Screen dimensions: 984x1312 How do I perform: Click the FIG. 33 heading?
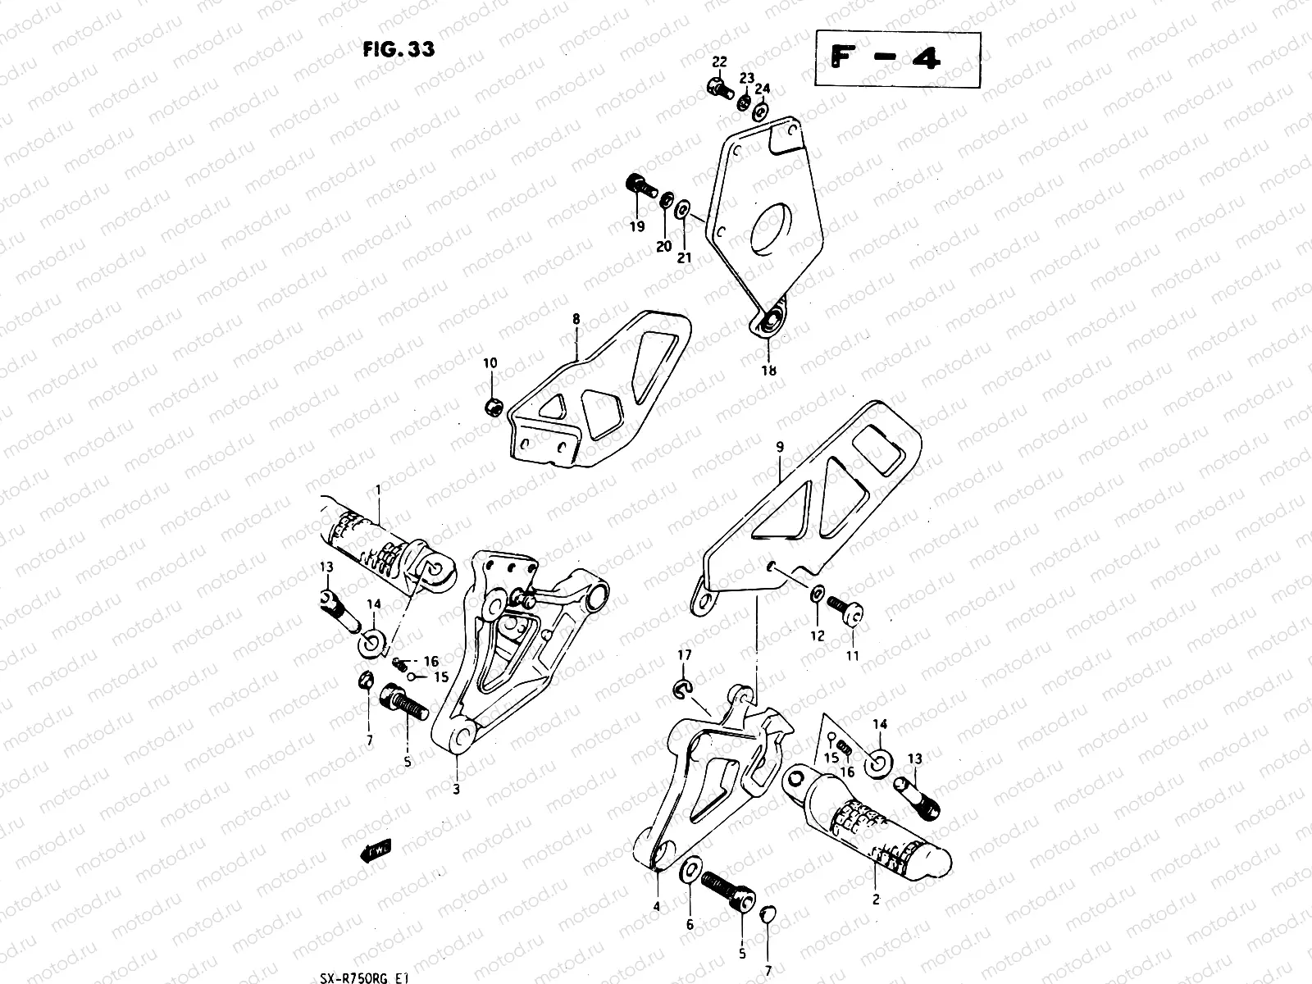(x=399, y=49)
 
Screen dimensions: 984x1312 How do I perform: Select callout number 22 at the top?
(x=718, y=62)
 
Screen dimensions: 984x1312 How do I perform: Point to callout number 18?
(x=768, y=370)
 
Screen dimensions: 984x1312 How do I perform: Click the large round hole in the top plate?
(x=772, y=224)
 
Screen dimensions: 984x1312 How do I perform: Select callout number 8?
(x=576, y=318)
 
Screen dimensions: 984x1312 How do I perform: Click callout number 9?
(x=779, y=448)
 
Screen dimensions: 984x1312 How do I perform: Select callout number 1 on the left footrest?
(x=378, y=490)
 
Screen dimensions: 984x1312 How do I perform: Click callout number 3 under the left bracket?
(x=456, y=790)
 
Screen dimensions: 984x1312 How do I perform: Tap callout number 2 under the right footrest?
(x=876, y=900)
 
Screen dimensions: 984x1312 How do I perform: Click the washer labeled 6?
(x=690, y=869)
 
